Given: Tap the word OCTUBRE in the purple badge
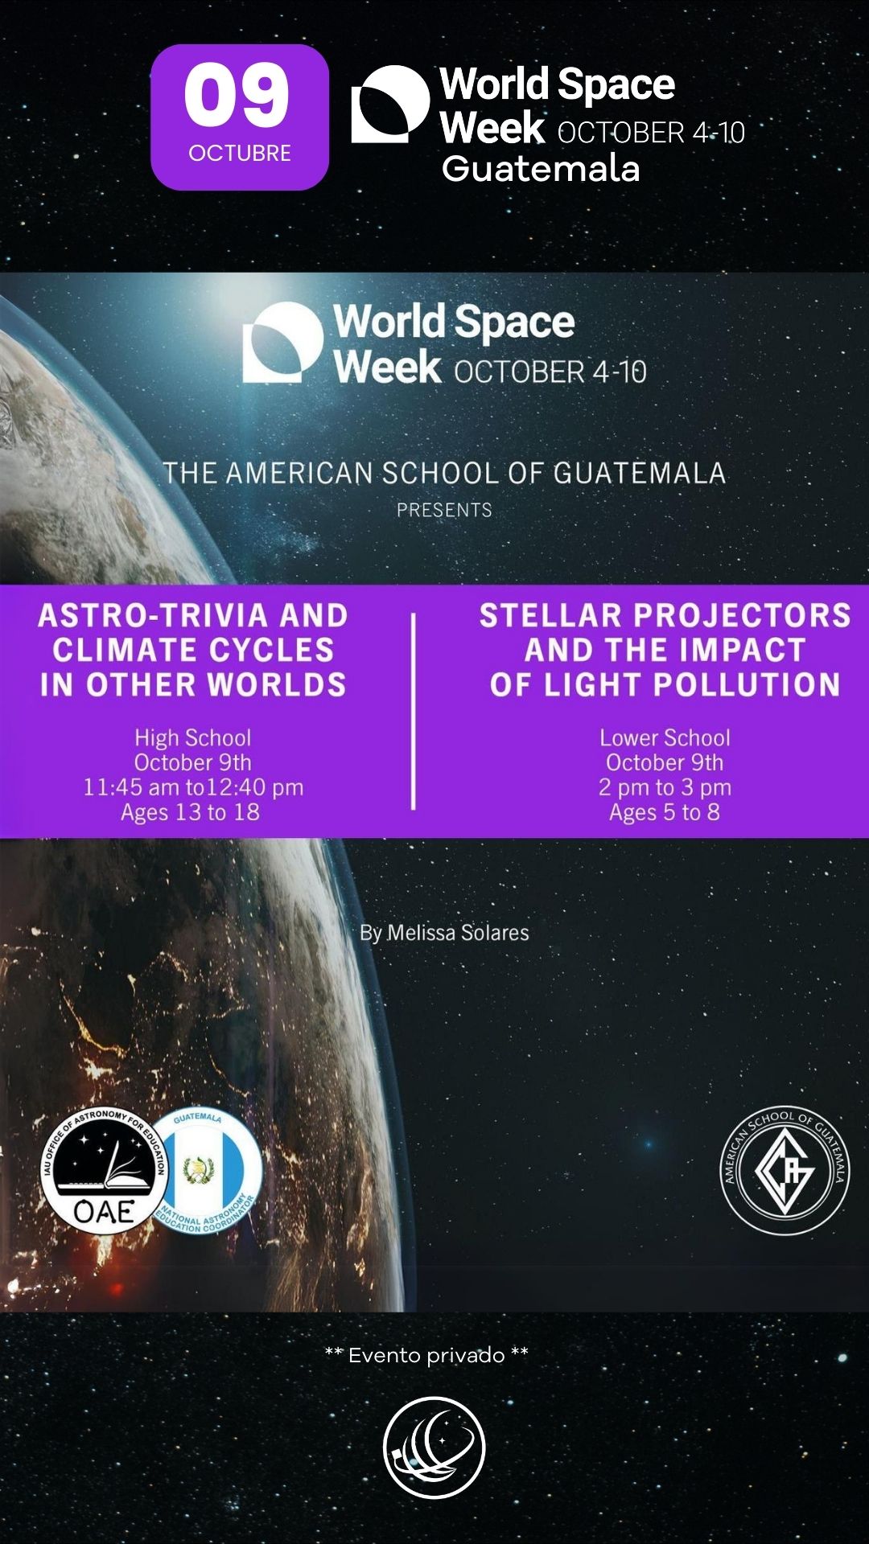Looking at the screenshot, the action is click(240, 153).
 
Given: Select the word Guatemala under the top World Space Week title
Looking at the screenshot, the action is click(541, 169).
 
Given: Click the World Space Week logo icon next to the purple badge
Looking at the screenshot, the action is click(390, 105).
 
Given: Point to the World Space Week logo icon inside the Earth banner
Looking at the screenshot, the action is click(283, 342).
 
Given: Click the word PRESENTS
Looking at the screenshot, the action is click(444, 510).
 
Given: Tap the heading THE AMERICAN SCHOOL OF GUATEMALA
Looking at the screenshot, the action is click(444, 473).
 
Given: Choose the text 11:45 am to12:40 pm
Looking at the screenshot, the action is click(193, 787).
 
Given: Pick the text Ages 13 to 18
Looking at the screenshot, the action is click(191, 812).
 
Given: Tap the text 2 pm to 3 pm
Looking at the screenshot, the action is click(665, 787).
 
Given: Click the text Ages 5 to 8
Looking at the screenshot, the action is click(665, 812).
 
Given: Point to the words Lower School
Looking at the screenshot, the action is click(665, 737).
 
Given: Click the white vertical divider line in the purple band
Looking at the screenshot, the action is click(414, 712).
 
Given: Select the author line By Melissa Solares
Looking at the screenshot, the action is click(444, 933).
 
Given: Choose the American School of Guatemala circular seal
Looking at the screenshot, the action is click(785, 1170).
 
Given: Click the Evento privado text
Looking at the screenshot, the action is click(426, 1355).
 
